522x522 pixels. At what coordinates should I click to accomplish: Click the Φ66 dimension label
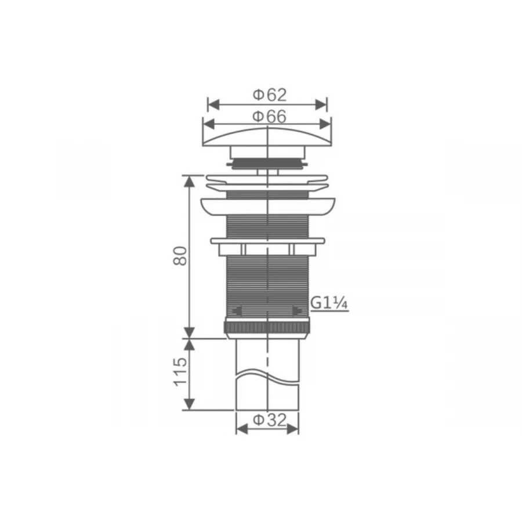(x=269, y=116)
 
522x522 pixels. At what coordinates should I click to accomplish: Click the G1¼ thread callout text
(x=329, y=303)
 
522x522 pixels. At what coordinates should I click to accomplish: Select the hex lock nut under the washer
(x=267, y=249)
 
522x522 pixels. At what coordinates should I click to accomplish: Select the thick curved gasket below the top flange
(x=267, y=206)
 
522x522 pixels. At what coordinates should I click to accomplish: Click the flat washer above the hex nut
(x=267, y=240)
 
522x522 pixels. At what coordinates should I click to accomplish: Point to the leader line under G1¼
(x=331, y=311)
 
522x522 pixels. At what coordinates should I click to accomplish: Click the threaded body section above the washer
(x=267, y=226)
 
